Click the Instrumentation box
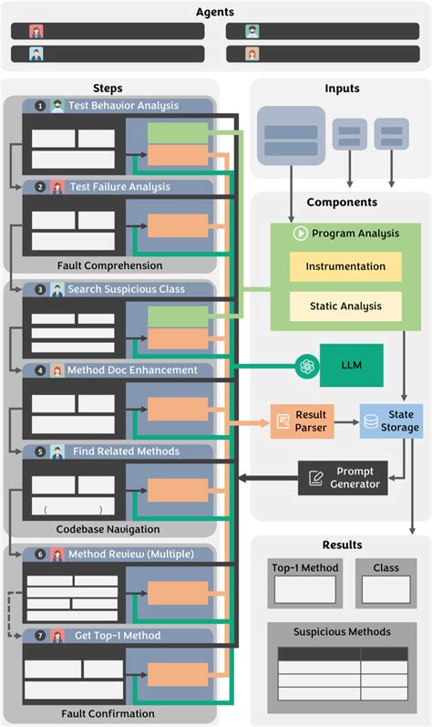coord(345,266)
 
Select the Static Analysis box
coord(345,306)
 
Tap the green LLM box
coord(351,365)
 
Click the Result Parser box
coord(302,421)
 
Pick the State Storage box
coord(391,421)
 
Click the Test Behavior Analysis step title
coord(124,106)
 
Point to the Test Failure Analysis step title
coord(119,187)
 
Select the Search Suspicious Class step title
coord(126,289)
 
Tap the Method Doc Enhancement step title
coord(131,370)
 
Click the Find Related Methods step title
coord(126,452)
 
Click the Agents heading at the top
coord(215,12)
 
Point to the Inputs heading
coord(342,88)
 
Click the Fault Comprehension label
coord(109,265)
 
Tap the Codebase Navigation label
coord(108,529)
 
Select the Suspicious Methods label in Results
coord(342,631)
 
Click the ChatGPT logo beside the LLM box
coord(308,365)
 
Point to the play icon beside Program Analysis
coord(299,234)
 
